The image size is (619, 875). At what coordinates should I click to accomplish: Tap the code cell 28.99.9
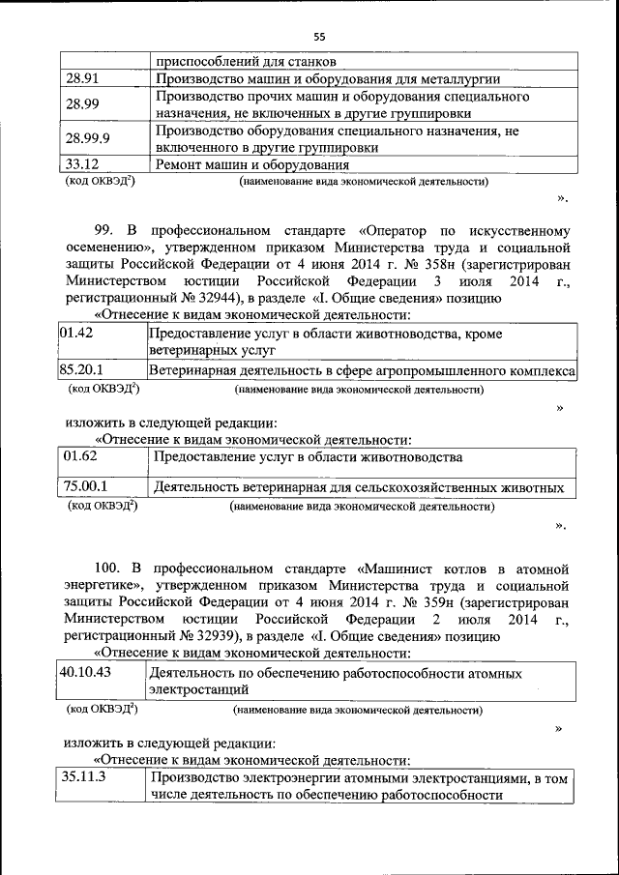[x=88, y=138]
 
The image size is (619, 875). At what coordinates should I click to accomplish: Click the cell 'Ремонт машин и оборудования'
[x=252, y=163]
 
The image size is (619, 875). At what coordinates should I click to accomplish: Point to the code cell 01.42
[x=79, y=333]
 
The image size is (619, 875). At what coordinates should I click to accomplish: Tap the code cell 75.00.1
[x=86, y=486]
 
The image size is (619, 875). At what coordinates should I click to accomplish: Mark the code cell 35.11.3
[x=85, y=776]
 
